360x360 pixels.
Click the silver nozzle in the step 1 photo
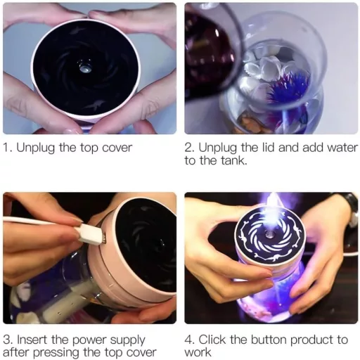(84, 68)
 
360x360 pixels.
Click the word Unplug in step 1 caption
(35, 148)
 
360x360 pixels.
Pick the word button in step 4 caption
(269, 340)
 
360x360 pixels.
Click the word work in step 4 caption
(198, 352)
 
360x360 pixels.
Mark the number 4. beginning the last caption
(190, 340)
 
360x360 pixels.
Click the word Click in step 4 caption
(213, 340)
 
